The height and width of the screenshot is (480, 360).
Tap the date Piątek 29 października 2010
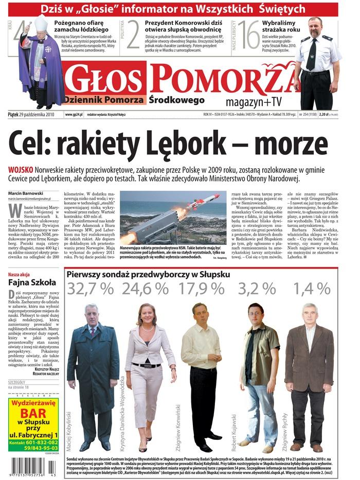point(31,114)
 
